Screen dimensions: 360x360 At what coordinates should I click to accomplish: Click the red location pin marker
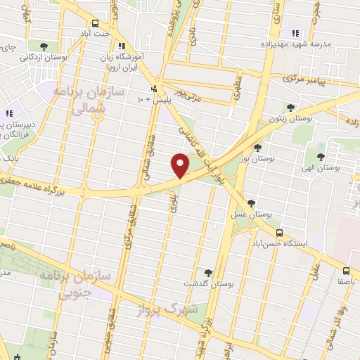coord(181,167)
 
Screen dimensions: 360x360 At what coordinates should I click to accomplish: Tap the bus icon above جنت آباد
coord(105,23)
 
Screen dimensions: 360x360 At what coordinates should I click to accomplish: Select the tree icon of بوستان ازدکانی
coord(44,46)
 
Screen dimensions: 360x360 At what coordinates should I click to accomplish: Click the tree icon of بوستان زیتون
coord(290,107)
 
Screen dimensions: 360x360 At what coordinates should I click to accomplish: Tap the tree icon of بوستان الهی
coord(321,156)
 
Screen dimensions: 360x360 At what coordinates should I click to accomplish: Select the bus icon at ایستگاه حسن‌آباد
coord(279,233)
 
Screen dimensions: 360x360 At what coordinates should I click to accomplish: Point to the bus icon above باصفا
coord(345,271)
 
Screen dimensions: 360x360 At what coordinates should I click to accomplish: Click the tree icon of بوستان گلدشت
coord(207,272)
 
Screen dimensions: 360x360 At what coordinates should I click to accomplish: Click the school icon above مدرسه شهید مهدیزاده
coord(295,32)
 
